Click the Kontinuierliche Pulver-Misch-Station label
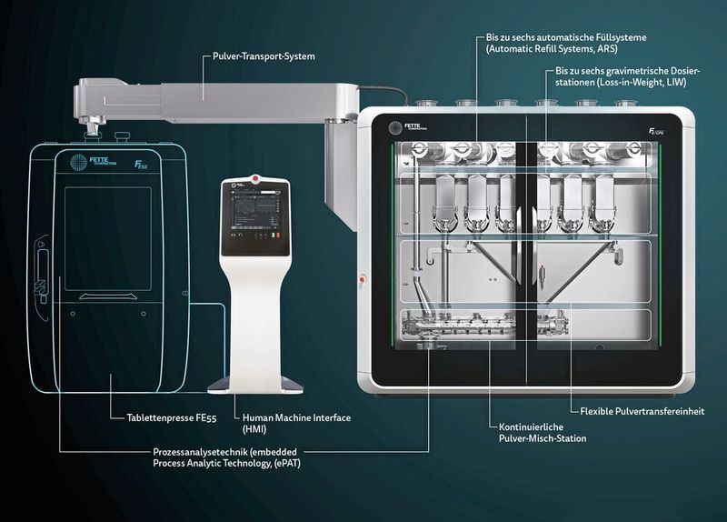[542, 432]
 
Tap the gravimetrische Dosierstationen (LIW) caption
[619, 76]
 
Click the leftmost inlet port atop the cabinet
[422, 103]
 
